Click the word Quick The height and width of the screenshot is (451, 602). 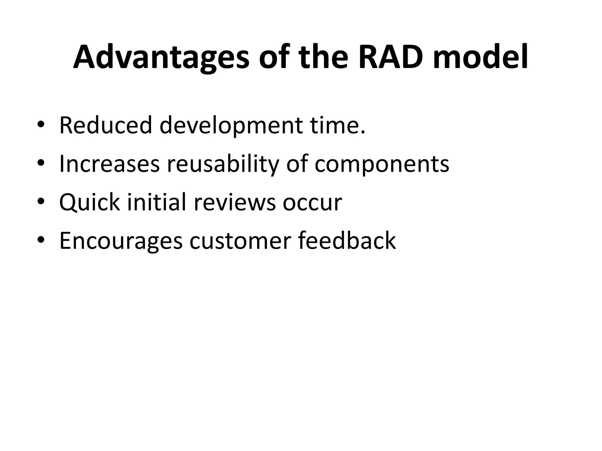(89, 203)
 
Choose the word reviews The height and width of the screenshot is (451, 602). (235, 203)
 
